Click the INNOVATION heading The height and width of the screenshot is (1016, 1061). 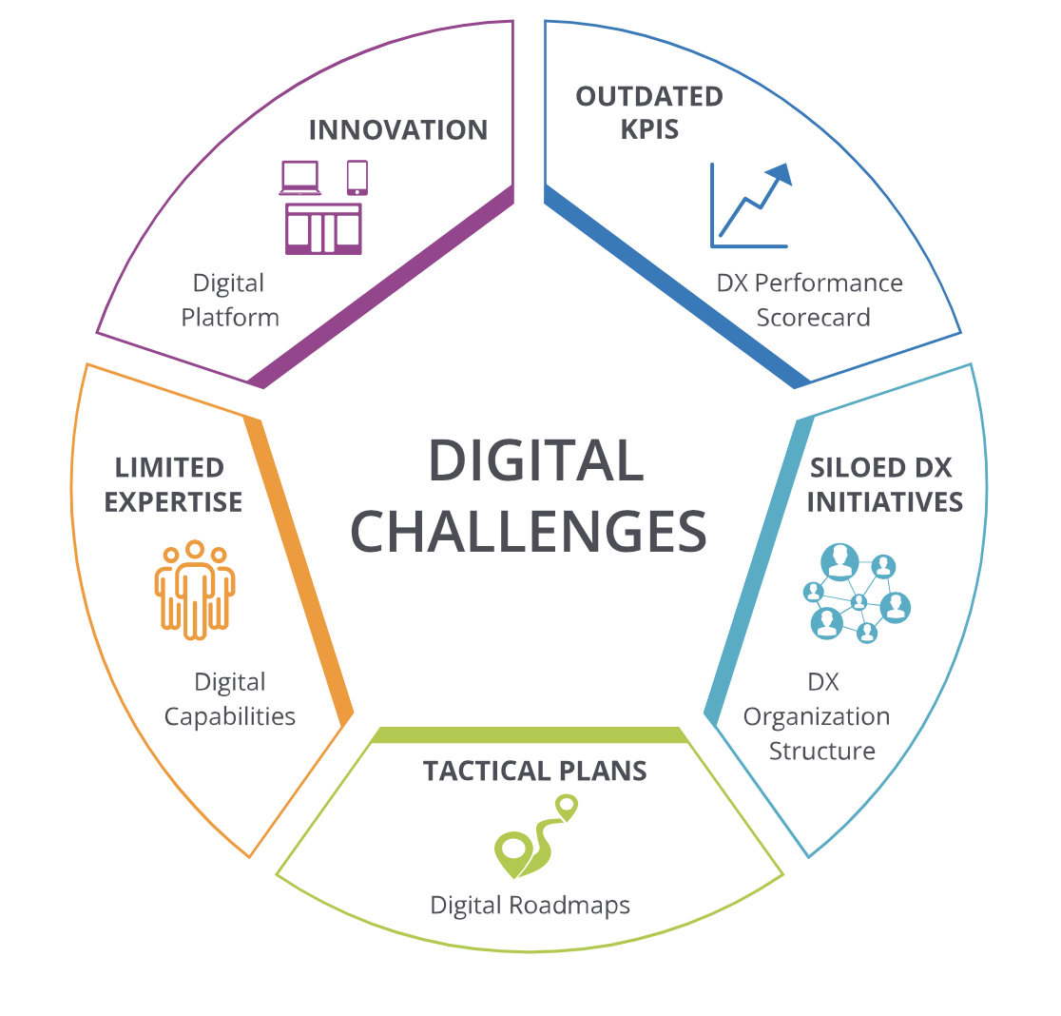coord(397,130)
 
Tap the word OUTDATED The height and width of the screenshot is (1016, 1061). coord(649,97)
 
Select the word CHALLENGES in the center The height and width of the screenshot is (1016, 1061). coord(529,532)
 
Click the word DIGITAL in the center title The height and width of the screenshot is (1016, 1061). coord(536,460)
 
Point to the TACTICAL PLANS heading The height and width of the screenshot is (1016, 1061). coord(534,771)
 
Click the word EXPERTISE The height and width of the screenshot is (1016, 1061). coord(173,502)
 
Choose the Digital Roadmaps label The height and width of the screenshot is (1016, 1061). coord(530,906)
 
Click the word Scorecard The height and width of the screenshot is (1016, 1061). coord(814,318)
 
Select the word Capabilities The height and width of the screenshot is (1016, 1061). coord(230,717)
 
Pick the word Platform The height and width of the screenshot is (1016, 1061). coord(230,318)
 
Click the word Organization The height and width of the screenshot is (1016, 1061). coord(817,717)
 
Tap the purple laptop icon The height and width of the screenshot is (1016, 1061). coord(299,178)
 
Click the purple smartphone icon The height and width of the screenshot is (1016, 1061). coord(357,177)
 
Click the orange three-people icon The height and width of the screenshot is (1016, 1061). coord(195,590)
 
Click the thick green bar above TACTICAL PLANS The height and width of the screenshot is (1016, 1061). coord(530,735)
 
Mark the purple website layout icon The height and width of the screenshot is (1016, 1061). coord(323,228)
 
